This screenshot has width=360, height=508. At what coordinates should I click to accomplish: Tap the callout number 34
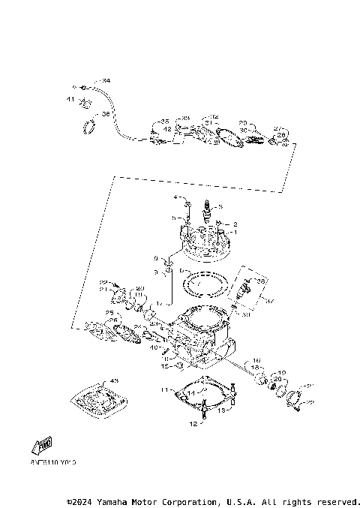tap(106, 80)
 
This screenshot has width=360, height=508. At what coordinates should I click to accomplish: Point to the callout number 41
tap(70, 99)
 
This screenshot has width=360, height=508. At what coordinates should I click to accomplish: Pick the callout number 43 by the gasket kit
tap(114, 380)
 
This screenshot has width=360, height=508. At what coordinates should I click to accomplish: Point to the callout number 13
tap(222, 411)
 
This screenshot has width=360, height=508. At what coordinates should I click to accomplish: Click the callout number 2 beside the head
tap(234, 224)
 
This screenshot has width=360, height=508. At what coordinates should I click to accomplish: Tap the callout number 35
tap(164, 121)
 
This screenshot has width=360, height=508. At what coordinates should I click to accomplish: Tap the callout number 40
tap(153, 347)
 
